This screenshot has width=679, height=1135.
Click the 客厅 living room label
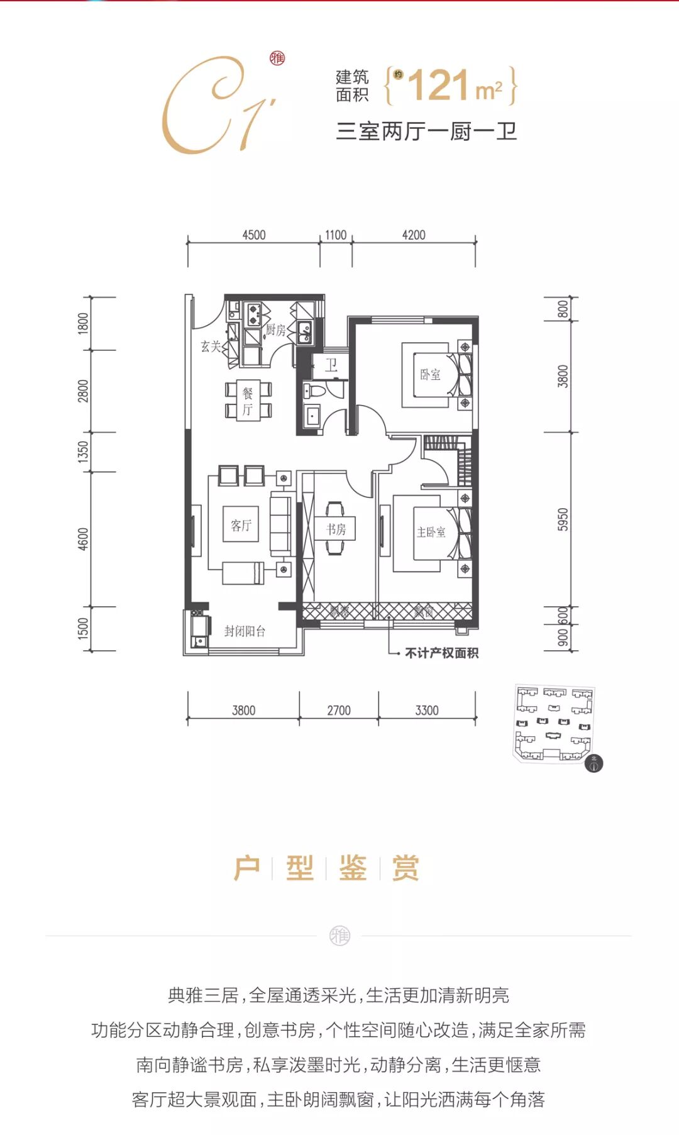241,525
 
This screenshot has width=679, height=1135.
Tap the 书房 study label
336,529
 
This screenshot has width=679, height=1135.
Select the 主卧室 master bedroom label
431,532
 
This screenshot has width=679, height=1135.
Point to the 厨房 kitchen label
275,329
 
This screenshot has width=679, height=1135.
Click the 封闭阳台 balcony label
245,631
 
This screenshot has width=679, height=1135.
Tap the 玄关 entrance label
211,346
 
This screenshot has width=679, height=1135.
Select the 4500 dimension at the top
254,235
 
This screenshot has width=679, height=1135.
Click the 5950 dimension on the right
563,519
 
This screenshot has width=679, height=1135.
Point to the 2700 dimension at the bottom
339,711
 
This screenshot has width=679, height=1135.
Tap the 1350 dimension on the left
84,452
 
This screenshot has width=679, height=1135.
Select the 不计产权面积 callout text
441,653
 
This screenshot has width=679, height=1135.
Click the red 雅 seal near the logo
277,58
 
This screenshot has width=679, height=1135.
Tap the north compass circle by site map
593,763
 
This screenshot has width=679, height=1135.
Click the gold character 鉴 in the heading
353,868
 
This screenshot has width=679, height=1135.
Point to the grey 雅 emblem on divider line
339,936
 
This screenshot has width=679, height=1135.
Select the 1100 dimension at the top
336,235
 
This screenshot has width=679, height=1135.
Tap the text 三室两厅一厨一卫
426,131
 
